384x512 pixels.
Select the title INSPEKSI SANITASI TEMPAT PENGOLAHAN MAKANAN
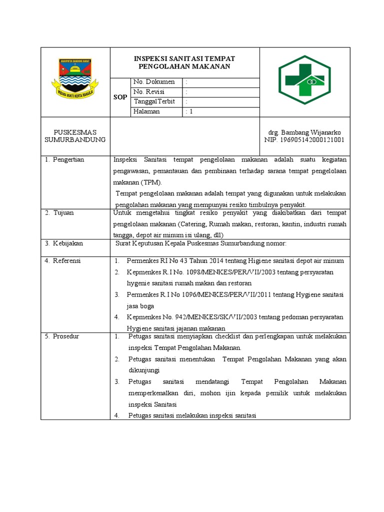(x=184, y=62)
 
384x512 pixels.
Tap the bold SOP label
(x=120, y=97)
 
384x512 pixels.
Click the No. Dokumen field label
(x=154, y=82)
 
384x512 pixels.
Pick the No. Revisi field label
(x=148, y=92)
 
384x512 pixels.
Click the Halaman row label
(x=146, y=111)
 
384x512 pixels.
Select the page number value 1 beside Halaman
(x=189, y=111)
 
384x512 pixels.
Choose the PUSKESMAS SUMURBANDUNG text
(x=75, y=136)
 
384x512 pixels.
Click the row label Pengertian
(x=68, y=159)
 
